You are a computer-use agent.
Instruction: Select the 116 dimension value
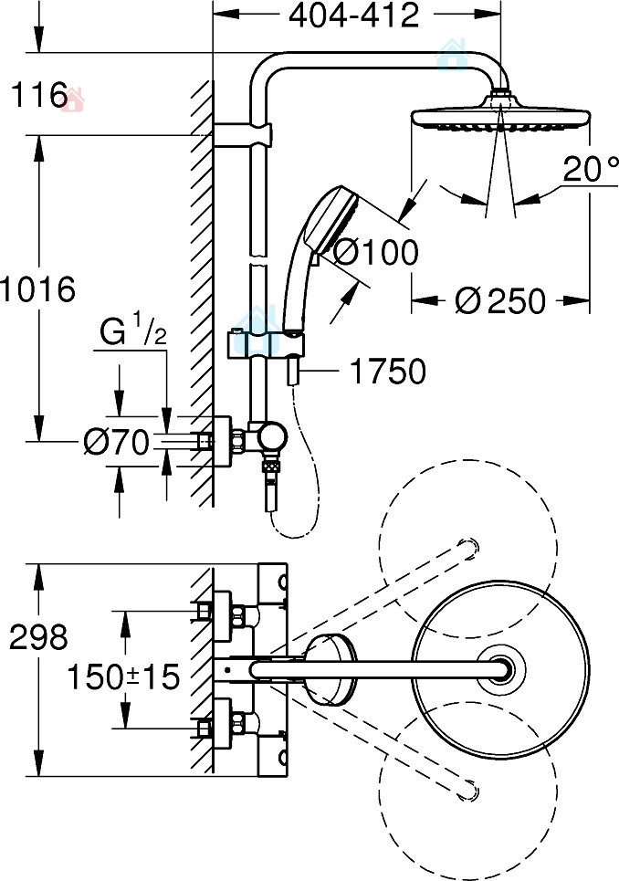point(34,94)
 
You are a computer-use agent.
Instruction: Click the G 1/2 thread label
point(132,333)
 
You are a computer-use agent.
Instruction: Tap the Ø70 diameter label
point(115,443)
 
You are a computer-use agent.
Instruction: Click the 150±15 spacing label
point(122,676)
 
